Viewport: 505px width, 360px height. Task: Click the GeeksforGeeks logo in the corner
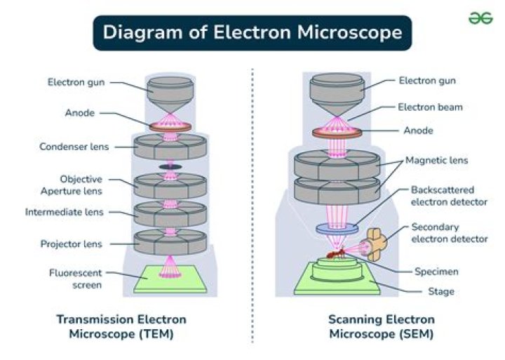coord(480,18)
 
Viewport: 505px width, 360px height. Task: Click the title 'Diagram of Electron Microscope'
coord(252,32)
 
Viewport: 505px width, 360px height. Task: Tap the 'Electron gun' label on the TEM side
coord(76,82)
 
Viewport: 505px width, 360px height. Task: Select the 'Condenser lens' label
coord(74,147)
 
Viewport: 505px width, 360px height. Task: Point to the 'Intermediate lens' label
coord(64,211)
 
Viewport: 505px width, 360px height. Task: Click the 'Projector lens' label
coord(72,244)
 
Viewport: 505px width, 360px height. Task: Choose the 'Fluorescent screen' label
coord(76,279)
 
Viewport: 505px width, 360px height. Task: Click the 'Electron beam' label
coord(430,107)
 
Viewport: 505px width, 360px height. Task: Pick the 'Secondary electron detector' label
coord(449,233)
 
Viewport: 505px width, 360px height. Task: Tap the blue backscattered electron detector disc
coord(337,228)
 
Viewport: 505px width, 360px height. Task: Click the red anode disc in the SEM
coord(337,132)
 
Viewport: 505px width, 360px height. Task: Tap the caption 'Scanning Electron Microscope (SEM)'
coord(381,326)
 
